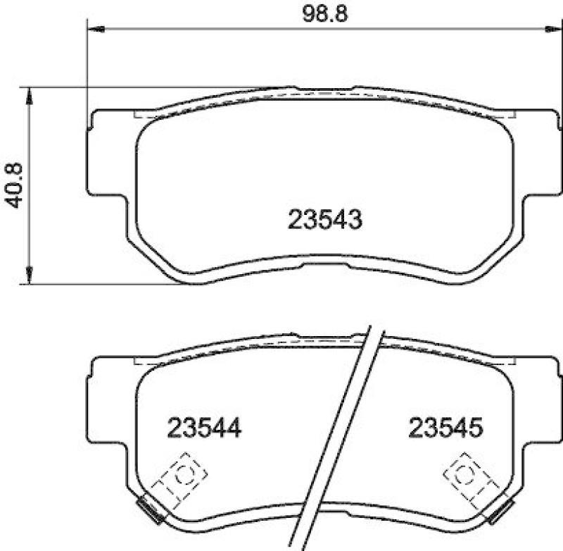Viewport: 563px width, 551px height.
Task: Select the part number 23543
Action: click(x=324, y=221)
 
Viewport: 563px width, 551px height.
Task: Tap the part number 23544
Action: click(x=204, y=427)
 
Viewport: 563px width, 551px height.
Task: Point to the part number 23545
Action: click(x=445, y=427)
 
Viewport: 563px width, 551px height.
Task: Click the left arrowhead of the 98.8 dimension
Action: click(x=95, y=29)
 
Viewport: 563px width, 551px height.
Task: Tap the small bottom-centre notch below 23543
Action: click(x=324, y=265)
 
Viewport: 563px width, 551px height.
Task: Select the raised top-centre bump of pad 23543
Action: click(x=324, y=89)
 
